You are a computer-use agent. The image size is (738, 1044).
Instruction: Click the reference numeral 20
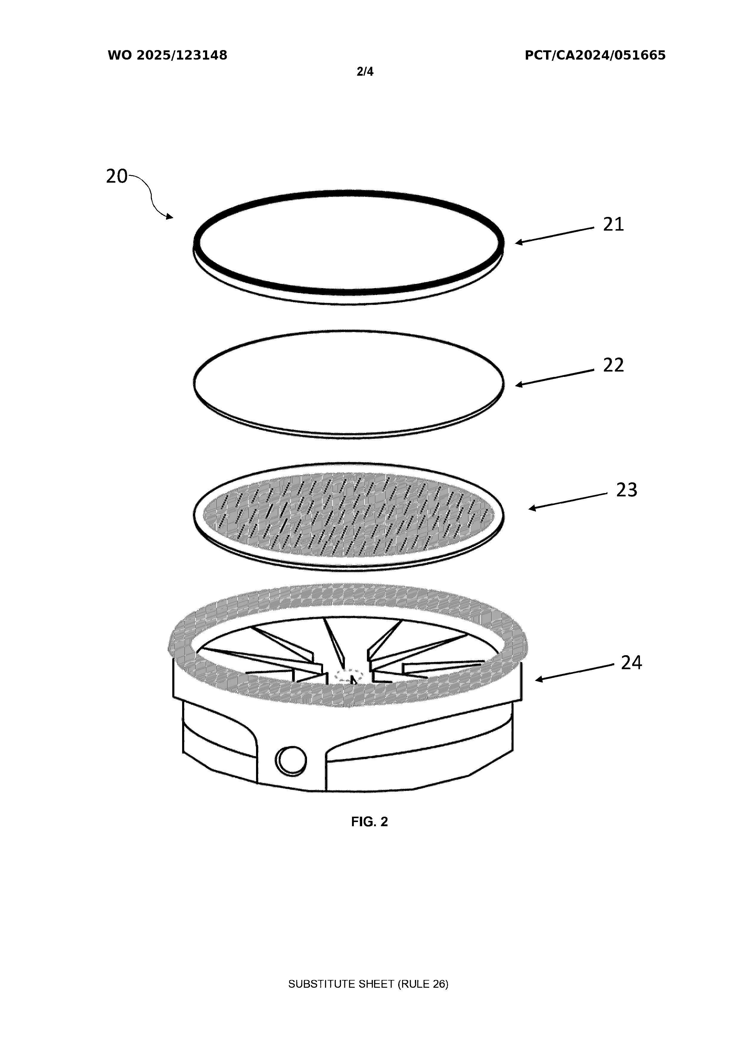pos(117,176)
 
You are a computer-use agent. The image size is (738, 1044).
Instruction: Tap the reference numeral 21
pos(613,224)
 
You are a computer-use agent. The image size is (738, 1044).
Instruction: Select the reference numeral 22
pos(613,365)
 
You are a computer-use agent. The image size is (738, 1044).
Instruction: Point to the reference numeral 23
pos(627,490)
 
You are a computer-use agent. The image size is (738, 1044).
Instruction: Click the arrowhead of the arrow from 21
pos(519,242)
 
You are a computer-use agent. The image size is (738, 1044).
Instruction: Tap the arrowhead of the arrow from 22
pos(519,385)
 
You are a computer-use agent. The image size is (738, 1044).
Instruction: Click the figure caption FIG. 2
pos(370,822)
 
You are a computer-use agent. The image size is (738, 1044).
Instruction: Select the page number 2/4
pos(365,72)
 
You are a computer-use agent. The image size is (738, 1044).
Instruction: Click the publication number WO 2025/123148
pos(168,55)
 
